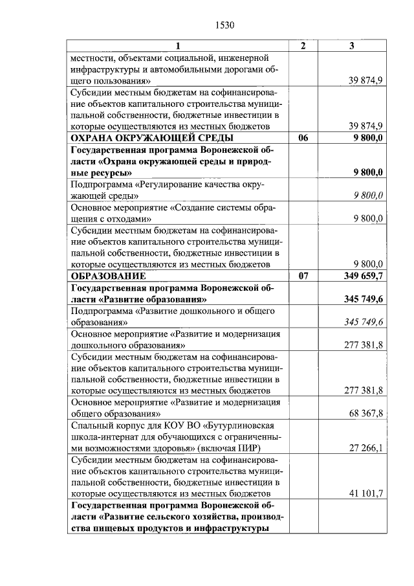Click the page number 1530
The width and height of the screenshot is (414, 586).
(x=223, y=25)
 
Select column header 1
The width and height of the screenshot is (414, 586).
(x=180, y=46)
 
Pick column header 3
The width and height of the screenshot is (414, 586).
(x=352, y=46)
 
